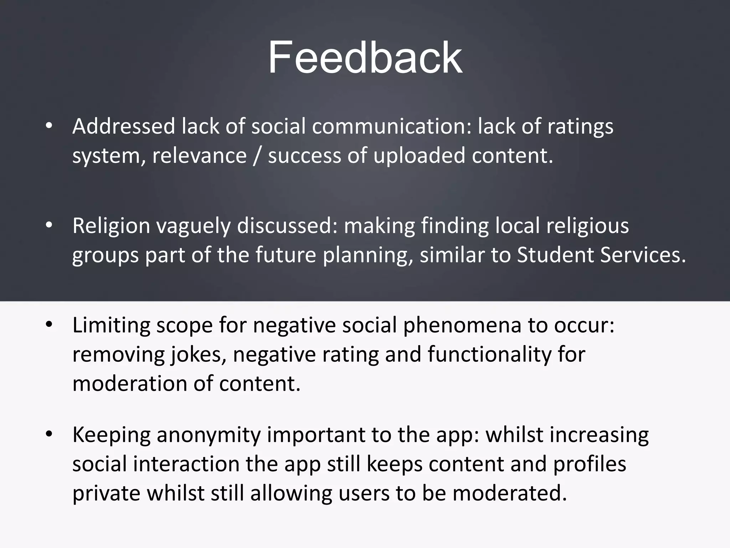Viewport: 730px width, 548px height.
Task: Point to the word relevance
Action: point(200,156)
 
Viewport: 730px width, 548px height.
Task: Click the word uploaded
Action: point(419,156)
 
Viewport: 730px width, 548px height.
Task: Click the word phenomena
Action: point(462,326)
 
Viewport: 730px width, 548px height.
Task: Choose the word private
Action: point(107,493)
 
